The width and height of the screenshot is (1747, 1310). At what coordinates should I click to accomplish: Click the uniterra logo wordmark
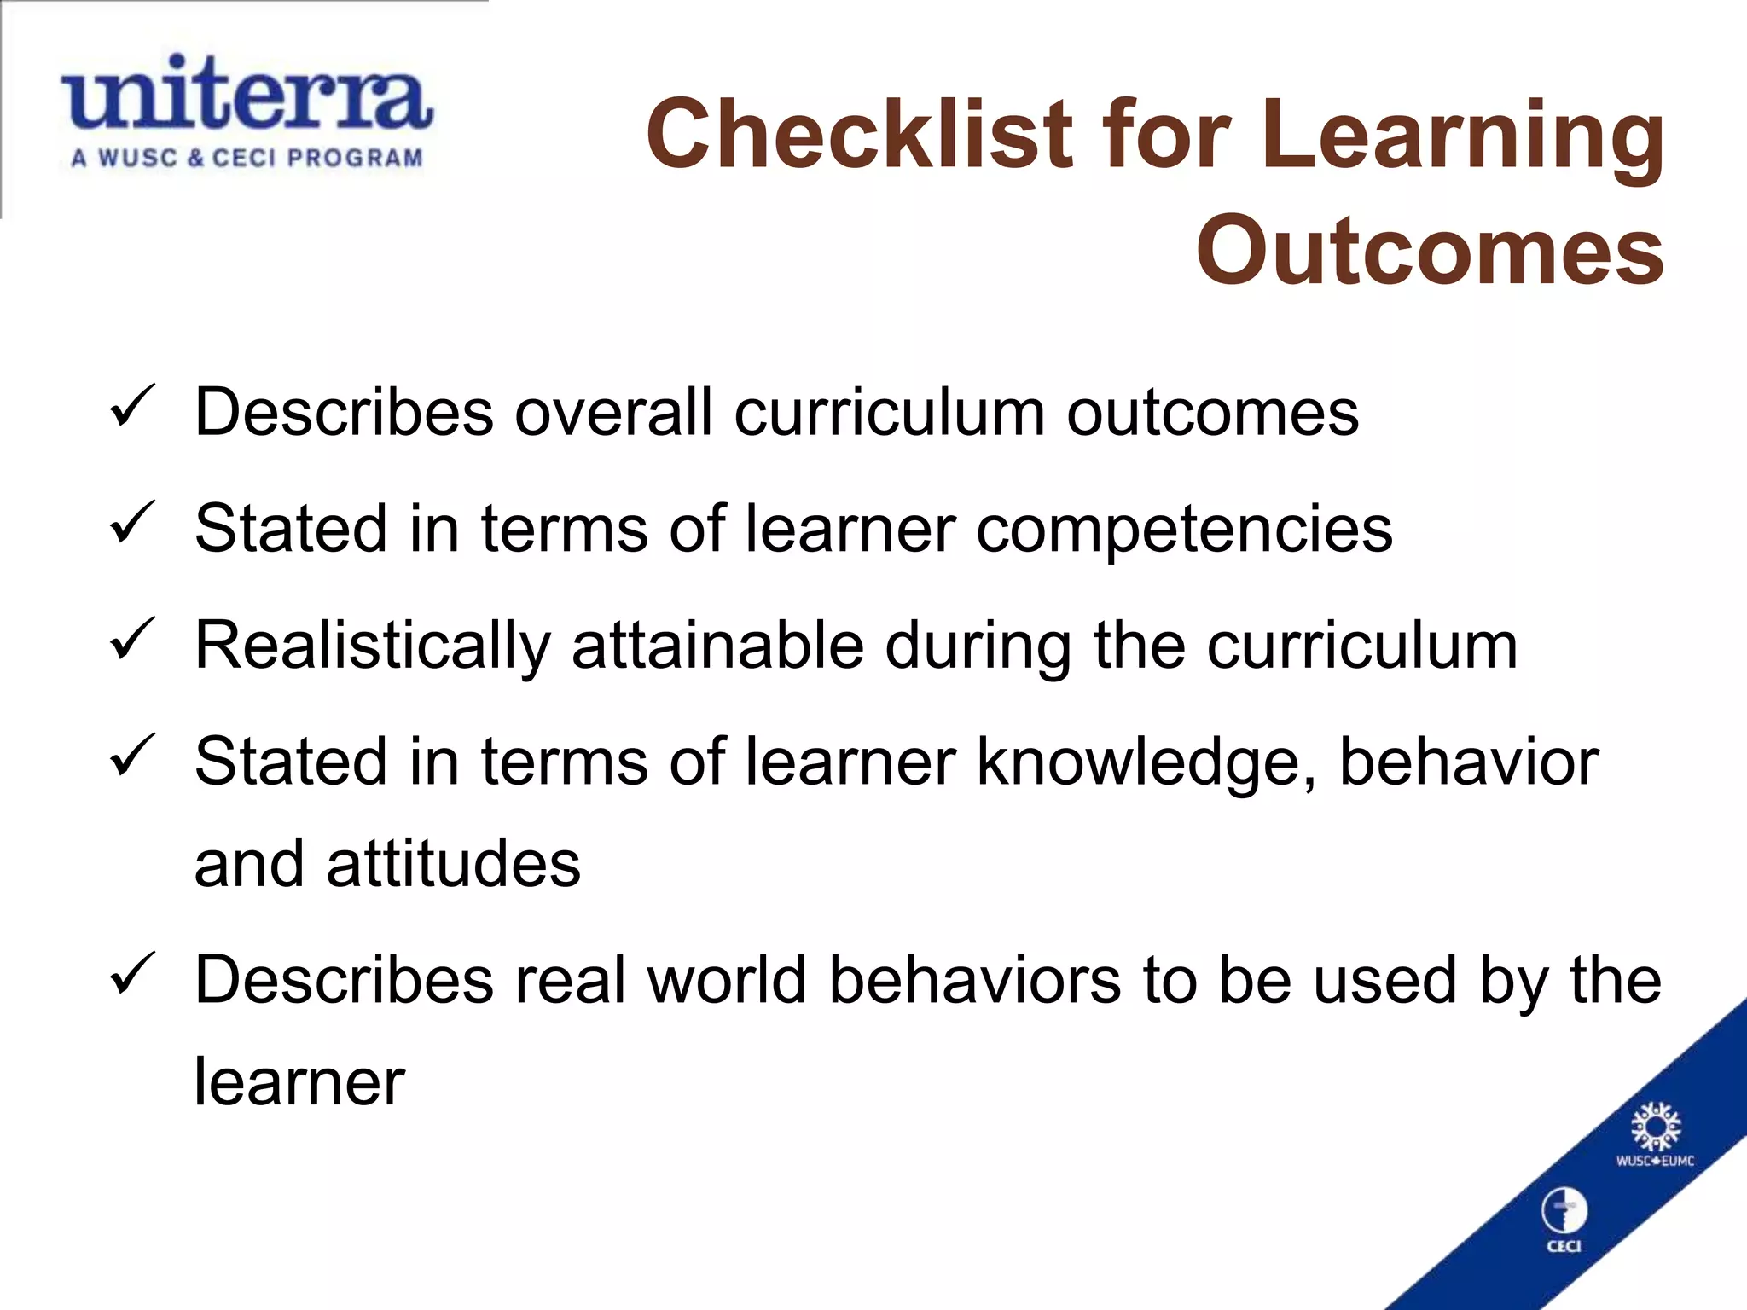[x=247, y=95]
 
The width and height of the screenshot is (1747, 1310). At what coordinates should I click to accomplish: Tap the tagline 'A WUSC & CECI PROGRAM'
[x=247, y=159]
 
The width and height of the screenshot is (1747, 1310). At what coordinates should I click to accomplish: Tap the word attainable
[x=717, y=646]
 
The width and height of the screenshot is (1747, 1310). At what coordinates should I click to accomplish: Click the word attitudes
[x=453, y=864]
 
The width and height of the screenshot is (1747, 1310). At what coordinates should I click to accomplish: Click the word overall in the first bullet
[x=613, y=414]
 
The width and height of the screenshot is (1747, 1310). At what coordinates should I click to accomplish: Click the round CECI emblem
[x=1564, y=1212]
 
